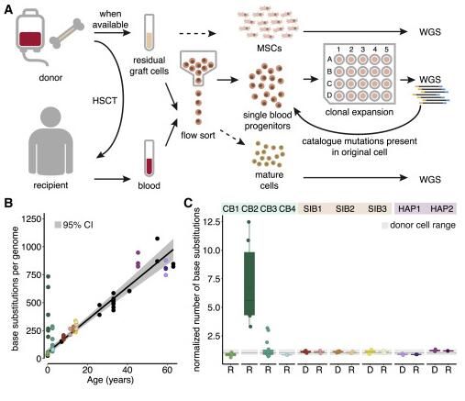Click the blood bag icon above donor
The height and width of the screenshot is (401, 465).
click(30, 35)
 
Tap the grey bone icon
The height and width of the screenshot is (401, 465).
click(67, 33)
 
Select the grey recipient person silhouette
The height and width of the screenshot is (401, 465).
click(50, 140)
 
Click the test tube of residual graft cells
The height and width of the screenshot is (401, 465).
click(149, 33)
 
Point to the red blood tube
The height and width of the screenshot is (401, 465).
click(149, 159)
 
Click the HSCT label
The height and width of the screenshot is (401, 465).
click(105, 100)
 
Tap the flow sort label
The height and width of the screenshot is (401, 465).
click(198, 135)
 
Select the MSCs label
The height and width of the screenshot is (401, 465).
click(270, 48)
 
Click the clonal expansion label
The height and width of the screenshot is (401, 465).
click(360, 112)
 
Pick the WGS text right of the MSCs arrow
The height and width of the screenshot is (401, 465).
click(430, 31)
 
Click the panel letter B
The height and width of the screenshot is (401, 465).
click(8, 203)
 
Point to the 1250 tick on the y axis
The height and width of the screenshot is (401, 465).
click(31, 219)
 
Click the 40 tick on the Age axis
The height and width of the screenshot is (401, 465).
click(127, 370)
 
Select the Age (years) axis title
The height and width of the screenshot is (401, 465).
click(110, 380)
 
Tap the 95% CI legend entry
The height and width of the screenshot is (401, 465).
click(73, 225)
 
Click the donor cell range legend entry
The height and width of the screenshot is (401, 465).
click(418, 225)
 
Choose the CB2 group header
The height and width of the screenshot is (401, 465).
click(249, 209)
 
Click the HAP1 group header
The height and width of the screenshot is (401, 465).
click(409, 209)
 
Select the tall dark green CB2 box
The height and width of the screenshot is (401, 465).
click(249, 284)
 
